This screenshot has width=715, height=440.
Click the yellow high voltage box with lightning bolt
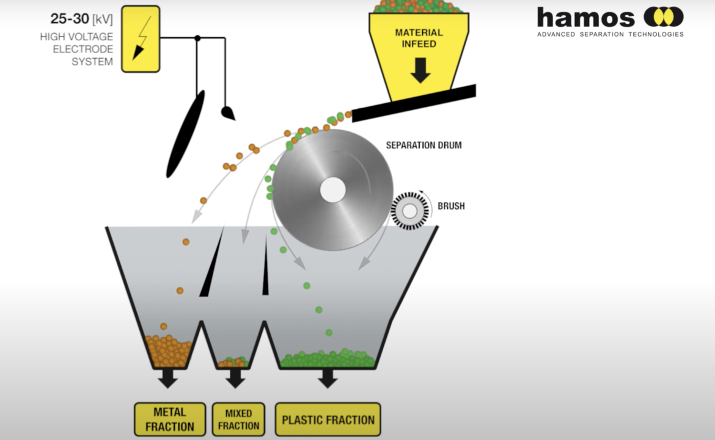click(141, 38)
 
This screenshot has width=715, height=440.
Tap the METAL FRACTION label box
click(170, 419)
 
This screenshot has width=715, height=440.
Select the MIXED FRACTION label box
click(238, 419)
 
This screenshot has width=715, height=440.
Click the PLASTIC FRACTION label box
click(328, 419)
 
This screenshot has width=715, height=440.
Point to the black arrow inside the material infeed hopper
click(420, 70)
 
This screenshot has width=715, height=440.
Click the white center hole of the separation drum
click(333, 189)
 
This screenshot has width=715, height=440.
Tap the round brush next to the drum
click(410, 211)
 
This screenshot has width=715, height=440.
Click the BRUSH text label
click(451, 206)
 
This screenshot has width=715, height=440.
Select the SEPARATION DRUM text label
click(424, 145)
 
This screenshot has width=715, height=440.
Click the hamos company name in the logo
click(585, 18)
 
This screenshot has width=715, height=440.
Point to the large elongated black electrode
click(185, 134)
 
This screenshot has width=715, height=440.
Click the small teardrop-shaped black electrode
click(227, 112)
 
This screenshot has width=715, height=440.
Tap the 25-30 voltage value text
click(69, 19)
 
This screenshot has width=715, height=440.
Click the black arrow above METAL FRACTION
click(168, 378)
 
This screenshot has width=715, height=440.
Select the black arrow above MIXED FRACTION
click(235, 378)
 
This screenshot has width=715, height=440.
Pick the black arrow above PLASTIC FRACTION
click(328, 378)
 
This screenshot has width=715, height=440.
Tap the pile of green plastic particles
click(328, 359)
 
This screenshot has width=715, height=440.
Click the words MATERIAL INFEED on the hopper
click(419, 38)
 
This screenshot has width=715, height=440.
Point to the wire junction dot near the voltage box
click(197, 38)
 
